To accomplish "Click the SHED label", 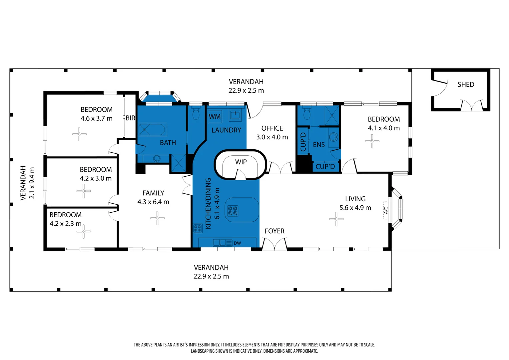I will [x=466, y=85].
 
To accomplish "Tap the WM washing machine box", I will [x=215, y=117].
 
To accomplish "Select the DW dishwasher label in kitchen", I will [x=237, y=243].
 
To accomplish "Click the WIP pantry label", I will [x=241, y=162].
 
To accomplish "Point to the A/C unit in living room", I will [x=386, y=210].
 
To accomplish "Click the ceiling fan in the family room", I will [x=157, y=218].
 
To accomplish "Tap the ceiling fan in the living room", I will [x=336, y=219].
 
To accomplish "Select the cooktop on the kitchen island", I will [x=233, y=211].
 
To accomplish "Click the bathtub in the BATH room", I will [x=152, y=129].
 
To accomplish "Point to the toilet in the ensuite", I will [x=307, y=114].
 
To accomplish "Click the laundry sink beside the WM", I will [x=235, y=115].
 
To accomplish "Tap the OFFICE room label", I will [x=272, y=128].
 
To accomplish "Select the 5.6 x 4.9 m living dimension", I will [x=355, y=208].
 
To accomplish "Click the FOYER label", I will [x=274, y=231].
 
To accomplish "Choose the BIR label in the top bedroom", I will [x=130, y=118].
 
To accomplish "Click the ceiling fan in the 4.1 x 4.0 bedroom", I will [x=372, y=141].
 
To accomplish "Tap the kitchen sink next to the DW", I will [x=220, y=243].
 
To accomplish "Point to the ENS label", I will [x=319, y=145].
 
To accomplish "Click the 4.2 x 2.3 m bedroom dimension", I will [x=65, y=224].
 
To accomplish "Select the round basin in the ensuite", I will [x=333, y=137].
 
